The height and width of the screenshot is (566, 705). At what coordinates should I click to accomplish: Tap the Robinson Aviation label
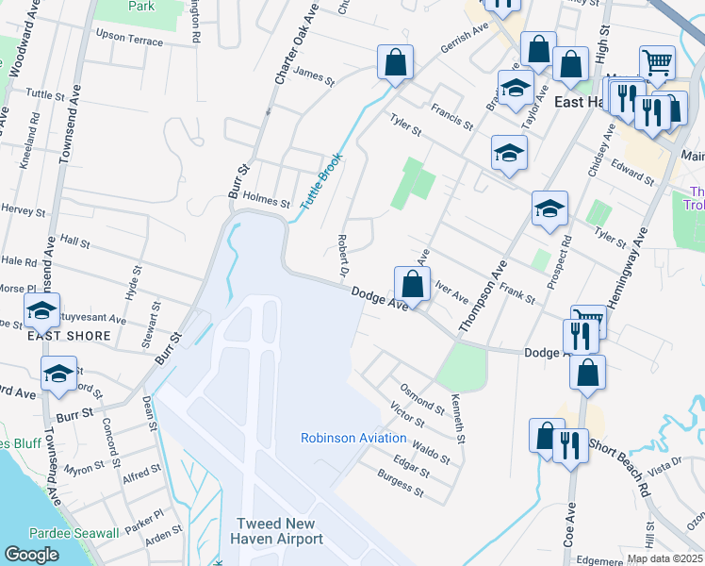(x=353, y=438)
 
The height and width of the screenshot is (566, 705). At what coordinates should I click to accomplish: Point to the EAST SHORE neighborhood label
(x=75, y=336)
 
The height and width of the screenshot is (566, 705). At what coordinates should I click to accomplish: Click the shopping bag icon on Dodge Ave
(x=413, y=284)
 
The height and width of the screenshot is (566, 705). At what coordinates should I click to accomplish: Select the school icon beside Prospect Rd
(x=549, y=209)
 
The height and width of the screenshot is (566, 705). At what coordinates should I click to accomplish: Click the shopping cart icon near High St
(x=657, y=63)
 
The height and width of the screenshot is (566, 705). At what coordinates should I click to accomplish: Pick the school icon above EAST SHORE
(x=41, y=310)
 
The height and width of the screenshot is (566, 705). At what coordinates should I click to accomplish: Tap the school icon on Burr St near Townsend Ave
(x=58, y=375)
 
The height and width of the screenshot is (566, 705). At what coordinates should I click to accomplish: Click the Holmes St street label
(x=267, y=201)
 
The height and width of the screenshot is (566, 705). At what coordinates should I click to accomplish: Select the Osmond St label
(x=422, y=397)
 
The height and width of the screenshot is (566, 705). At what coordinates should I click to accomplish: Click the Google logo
(x=31, y=555)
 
